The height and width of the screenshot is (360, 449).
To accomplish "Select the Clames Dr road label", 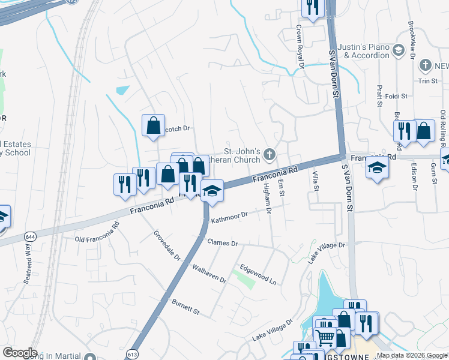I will [223, 243].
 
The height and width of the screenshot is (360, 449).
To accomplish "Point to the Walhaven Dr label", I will [209, 274].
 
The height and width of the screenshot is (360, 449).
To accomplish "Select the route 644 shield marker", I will [28, 237].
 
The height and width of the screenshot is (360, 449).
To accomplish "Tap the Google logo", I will [20, 353].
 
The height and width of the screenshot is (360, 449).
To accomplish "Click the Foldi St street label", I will [396, 95].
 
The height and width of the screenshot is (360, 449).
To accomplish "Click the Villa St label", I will [315, 180].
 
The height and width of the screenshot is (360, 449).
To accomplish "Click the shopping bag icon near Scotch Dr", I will [153, 125].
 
